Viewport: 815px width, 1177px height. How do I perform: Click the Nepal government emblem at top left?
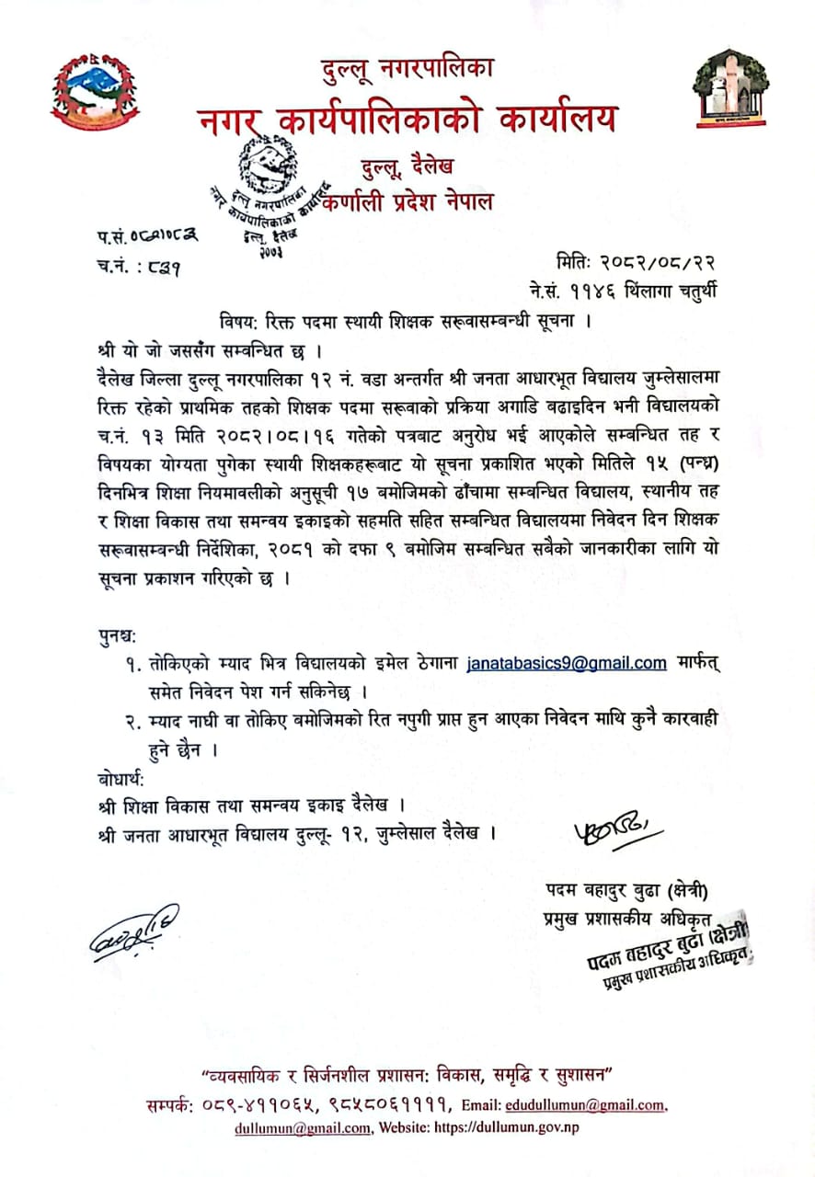pyautogui.click(x=95, y=90)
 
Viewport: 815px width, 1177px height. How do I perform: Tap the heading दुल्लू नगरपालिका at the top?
pyautogui.click(x=407, y=68)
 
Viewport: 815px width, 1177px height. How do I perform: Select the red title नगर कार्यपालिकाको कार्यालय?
pyautogui.click(x=407, y=119)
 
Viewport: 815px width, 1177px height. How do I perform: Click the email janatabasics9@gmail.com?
pyautogui.click(x=567, y=663)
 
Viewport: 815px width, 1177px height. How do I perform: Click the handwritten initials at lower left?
pyautogui.click(x=134, y=931)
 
